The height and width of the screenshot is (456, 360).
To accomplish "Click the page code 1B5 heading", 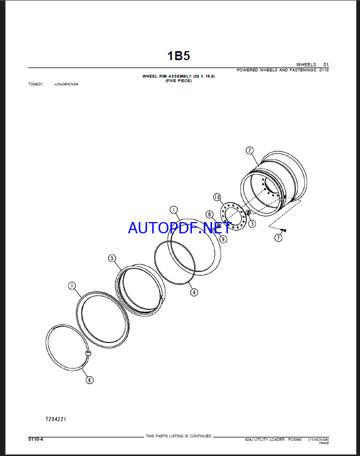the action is pos(178,56).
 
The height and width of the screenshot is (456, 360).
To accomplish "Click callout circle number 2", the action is pos(250,150).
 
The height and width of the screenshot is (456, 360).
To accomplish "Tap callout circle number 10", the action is pos(217,197).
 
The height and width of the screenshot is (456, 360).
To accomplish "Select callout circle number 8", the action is pos(210,215).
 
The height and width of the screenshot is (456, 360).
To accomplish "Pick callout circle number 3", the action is pos(252,224).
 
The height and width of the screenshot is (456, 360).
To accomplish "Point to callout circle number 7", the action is pos(278,238).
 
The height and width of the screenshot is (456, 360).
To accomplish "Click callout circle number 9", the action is pos(223,239).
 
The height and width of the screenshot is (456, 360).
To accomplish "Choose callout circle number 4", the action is pos(194,292).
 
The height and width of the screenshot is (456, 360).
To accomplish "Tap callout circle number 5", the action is pos(112,258).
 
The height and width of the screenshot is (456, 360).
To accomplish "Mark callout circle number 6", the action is pos(89,380).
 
